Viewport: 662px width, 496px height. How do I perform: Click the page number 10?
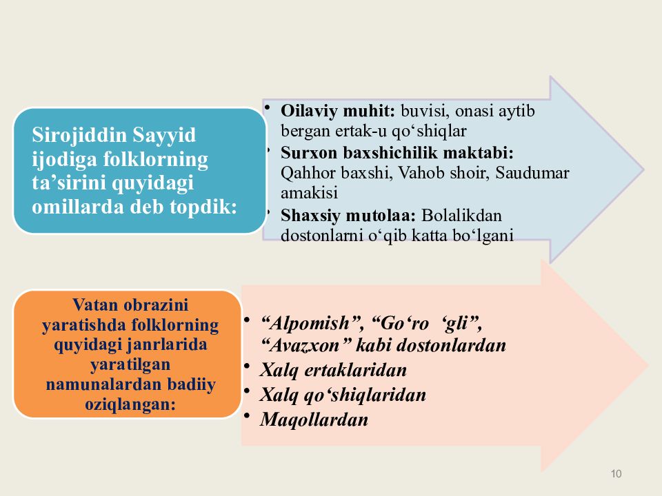coord(616,473)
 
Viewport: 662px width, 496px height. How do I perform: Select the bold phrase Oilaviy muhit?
coord(337,110)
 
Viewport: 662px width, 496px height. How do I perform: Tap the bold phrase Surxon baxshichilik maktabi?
coord(397,152)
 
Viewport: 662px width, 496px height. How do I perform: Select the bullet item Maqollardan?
coord(314,420)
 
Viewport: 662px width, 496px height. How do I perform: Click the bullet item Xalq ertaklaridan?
coord(333,371)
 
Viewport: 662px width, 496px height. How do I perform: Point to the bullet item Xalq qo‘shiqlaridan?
coord(343,395)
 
